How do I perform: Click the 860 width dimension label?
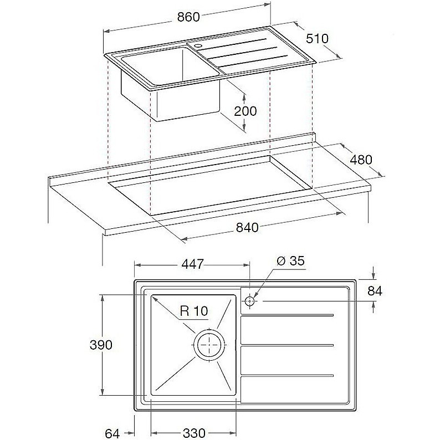click(x=188, y=17)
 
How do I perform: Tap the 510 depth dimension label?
click(x=317, y=38)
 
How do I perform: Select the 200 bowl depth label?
click(x=245, y=111)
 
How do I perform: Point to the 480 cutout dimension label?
click(x=361, y=160)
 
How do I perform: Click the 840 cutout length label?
click(x=247, y=228)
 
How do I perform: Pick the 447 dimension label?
click(x=192, y=264)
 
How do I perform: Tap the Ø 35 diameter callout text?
click(x=290, y=261)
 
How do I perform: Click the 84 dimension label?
click(x=375, y=291)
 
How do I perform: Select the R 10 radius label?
click(x=194, y=311)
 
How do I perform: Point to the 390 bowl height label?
click(x=101, y=345)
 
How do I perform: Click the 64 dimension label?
click(x=112, y=434)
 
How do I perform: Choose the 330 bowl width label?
click(x=194, y=433)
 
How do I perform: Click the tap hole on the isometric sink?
click(x=198, y=45)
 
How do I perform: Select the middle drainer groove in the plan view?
click(x=287, y=345)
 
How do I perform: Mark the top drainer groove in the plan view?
click(x=287, y=315)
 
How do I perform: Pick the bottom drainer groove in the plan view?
click(x=287, y=376)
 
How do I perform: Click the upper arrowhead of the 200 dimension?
click(x=244, y=96)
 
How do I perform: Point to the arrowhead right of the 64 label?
click(x=131, y=433)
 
